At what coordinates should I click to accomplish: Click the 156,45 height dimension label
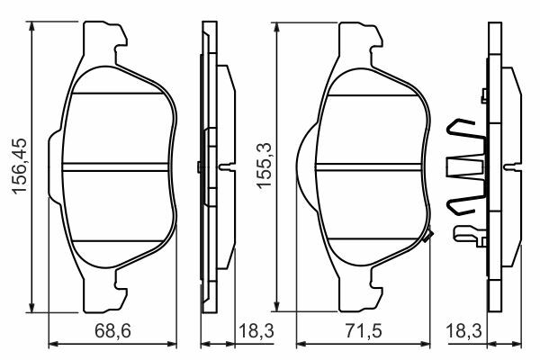tap(19, 166)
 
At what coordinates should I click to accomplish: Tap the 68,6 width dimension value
tap(112, 331)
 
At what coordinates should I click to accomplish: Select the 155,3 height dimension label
tap(264, 166)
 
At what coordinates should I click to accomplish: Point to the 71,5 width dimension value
tap(364, 331)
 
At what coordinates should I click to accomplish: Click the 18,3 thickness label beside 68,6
tap(256, 331)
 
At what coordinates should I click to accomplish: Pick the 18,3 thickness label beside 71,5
tap(463, 331)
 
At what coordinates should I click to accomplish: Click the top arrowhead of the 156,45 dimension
tap(31, 26)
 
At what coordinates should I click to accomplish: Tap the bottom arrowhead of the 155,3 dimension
tap(276, 306)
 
